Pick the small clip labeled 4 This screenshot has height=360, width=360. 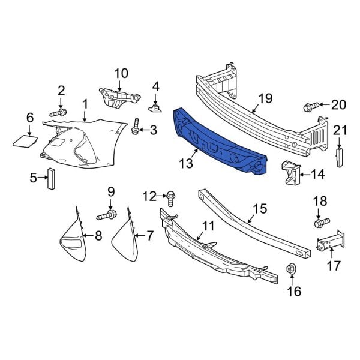click(x=155, y=107)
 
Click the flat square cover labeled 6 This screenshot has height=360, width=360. click(x=24, y=141)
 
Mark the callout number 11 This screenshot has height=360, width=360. click(x=208, y=226)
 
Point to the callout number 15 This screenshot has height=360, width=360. click(x=259, y=209)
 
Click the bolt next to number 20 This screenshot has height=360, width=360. click(x=311, y=107)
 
